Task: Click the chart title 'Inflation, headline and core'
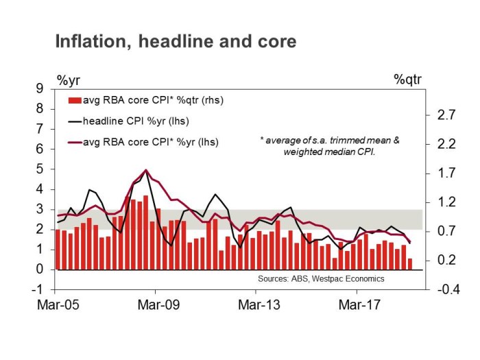[x=176, y=42]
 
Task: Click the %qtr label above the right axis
[x=407, y=79]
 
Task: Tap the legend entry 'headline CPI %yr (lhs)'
[x=135, y=121]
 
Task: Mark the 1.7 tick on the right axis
[x=446, y=173]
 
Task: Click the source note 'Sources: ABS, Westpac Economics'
[x=321, y=279]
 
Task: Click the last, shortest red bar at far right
[x=410, y=264]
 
